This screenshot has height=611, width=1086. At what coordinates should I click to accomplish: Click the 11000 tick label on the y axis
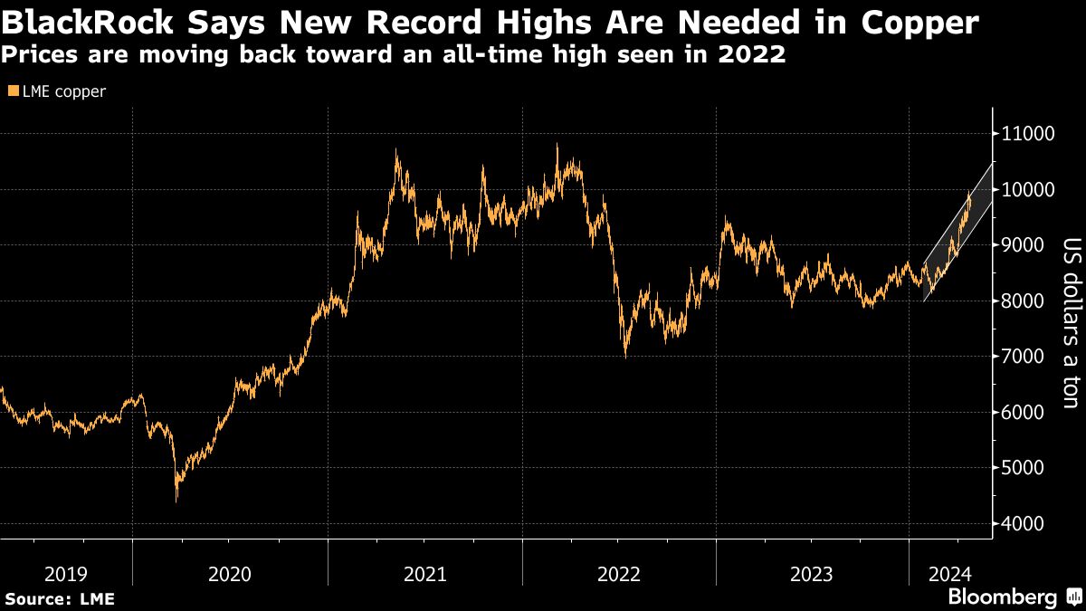(1027, 134)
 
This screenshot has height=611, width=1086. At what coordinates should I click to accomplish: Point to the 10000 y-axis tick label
(1027, 190)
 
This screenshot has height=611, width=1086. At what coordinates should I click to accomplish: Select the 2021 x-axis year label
(424, 574)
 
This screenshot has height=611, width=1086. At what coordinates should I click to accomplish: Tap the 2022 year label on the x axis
(619, 574)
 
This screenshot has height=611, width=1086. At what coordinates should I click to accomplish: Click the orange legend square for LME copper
(12, 91)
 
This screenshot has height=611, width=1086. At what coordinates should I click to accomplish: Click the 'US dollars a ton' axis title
(1071, 323)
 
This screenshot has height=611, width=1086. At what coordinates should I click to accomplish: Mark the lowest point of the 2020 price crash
(176, 501)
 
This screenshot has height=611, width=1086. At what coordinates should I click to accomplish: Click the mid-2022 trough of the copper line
(625, 357)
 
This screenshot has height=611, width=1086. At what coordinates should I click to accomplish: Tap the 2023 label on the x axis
(812, 574)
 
